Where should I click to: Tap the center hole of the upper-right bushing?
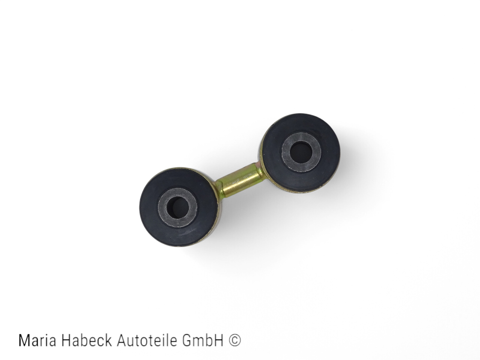[x=301, y=152]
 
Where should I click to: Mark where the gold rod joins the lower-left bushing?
[x=218, y=187]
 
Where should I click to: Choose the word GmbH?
[x=202, y=341]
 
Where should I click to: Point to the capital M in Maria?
[x=24, y=341]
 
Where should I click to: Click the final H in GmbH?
[x=219, y=341]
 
